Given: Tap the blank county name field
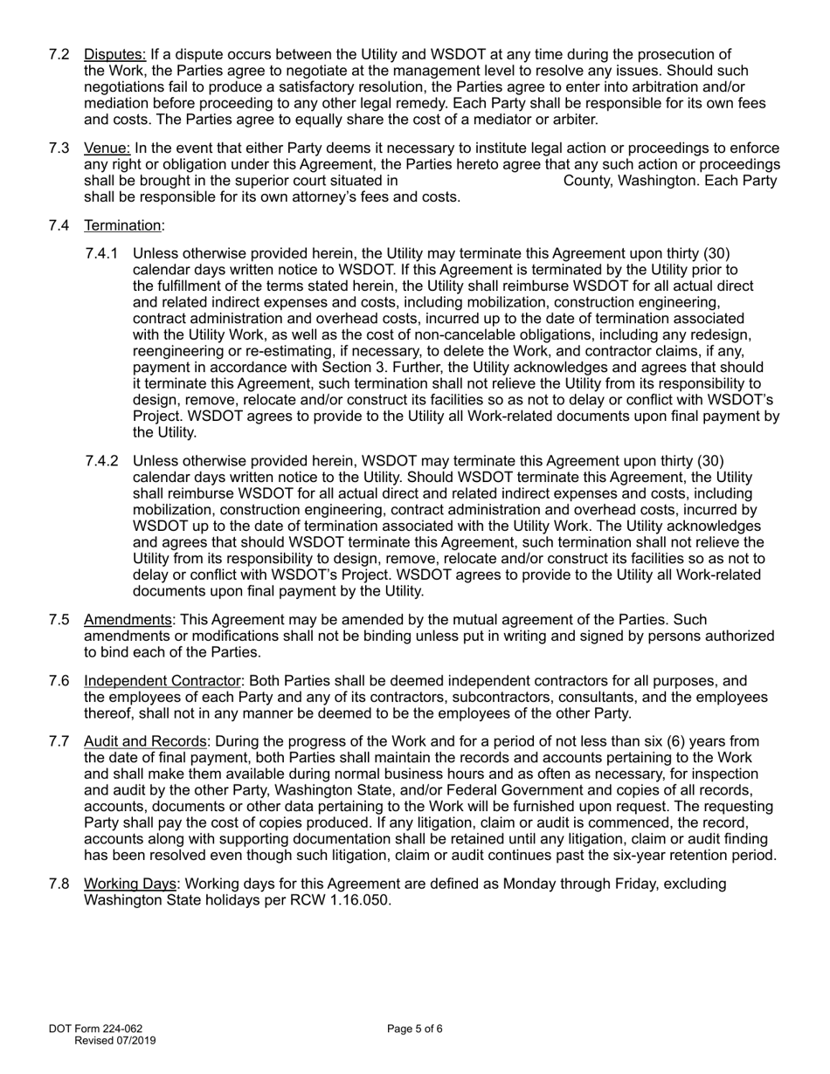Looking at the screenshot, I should click(481, 181).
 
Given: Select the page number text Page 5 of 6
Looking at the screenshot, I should click(415, 1029).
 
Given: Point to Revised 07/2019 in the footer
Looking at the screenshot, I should click(115, 1041).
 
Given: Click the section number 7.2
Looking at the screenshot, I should click(59, 55).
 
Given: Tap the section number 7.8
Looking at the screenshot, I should click(59, 884).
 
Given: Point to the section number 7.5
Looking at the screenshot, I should click(59, 619).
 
